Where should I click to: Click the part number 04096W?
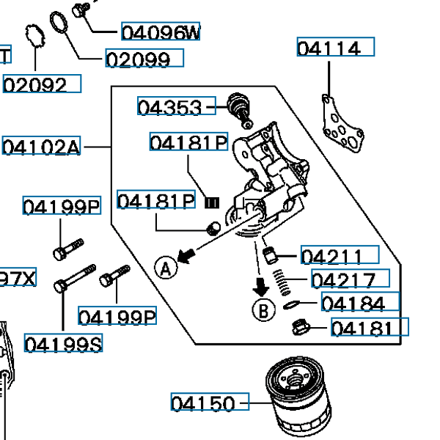[x=160, y=32]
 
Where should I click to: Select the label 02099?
[x=143, y=59]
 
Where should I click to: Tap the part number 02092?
[x=41, y=84]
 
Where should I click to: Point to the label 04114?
[x=335, y=48]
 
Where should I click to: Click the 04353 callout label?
[x=175, y=108]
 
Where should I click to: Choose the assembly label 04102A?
[x=42, y=147]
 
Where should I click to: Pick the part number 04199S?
[x=63, y=343]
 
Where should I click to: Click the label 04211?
[x=340, y=256]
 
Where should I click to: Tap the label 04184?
[x=359, y=303]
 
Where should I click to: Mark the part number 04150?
[x=210, y=403]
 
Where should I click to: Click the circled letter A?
[x=166, y=268]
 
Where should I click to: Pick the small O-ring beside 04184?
[x=290, y=304]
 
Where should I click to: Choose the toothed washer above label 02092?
[x=32, y=36]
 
